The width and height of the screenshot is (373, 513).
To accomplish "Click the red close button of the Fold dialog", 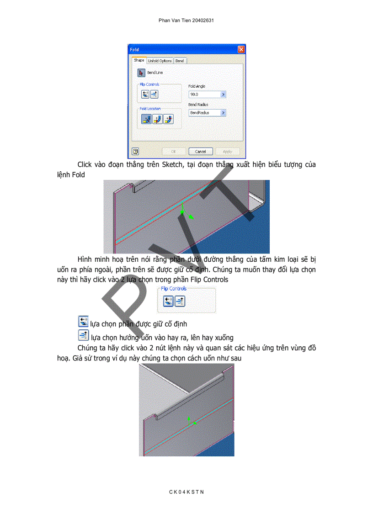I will (x=241, y=49).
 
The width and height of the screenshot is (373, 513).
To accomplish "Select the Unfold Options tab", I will (x=160, y=61).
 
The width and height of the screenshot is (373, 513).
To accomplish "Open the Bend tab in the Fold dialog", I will (x=180, y=61).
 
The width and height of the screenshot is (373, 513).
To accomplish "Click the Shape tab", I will (x=139, y=60).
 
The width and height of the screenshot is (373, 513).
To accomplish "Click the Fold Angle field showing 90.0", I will (x=204, y=95).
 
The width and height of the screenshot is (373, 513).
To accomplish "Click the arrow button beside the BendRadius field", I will (x=223, y=112).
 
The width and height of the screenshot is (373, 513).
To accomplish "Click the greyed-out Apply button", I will (x=227, y=151).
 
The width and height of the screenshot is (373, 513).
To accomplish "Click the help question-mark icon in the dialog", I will (x=135, y=151).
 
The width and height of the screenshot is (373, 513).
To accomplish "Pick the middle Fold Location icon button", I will (x=157, y=119).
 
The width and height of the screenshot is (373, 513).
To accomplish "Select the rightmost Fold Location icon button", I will (x=168, y=119).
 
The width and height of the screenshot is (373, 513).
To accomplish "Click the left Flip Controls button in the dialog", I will (x=145, y=94).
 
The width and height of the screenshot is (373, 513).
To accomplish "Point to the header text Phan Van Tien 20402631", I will (x=186, y=21).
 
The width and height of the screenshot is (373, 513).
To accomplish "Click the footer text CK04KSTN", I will (x=186, y=492).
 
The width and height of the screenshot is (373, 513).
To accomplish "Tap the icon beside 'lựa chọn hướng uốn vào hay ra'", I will (x=83, y=336).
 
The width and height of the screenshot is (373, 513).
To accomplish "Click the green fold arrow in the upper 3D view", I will (x=182, y=210).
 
